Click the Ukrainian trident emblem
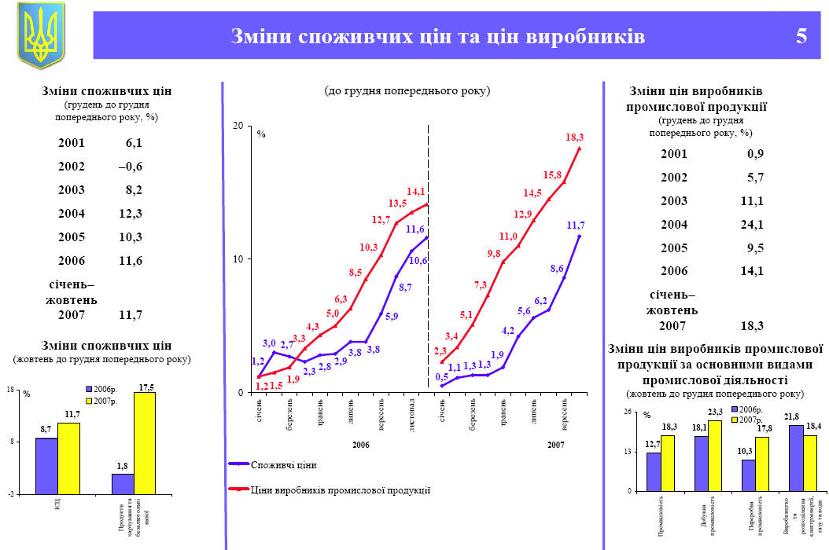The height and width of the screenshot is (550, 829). [x=41, y=35]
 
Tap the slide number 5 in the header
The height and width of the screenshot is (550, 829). [x=801, y=36]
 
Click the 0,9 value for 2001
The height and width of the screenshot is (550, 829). [x=755, y=154]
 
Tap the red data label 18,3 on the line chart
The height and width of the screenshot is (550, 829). [x=574, y=137]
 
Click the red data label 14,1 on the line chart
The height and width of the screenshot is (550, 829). [x=416, y=191]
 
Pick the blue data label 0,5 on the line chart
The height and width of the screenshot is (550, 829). [x=442, y=376]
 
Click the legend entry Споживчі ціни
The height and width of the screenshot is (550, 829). [x=284, y=464]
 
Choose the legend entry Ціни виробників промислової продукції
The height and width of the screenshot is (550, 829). [x=340, y=489]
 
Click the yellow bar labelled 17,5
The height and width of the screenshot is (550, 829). [x=145, y=443]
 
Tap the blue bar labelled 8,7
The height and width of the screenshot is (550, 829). [x=46, y=466]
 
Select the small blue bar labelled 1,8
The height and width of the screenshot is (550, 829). [x=123, y=483]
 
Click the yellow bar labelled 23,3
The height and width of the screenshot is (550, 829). [x=715, y=455]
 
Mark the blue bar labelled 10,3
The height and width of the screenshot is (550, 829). [x=748, y=475]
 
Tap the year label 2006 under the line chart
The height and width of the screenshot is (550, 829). [x=361, y=445]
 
